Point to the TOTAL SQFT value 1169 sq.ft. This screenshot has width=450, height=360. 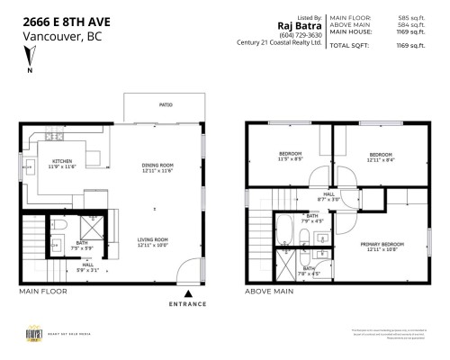[409, 45]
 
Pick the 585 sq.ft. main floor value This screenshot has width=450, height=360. [410, 17]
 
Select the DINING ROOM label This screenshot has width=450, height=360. [157, 167]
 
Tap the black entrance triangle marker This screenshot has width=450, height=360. [187, 292]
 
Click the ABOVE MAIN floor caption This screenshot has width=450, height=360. [270, 292]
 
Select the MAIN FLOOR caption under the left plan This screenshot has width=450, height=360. [42, 292]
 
